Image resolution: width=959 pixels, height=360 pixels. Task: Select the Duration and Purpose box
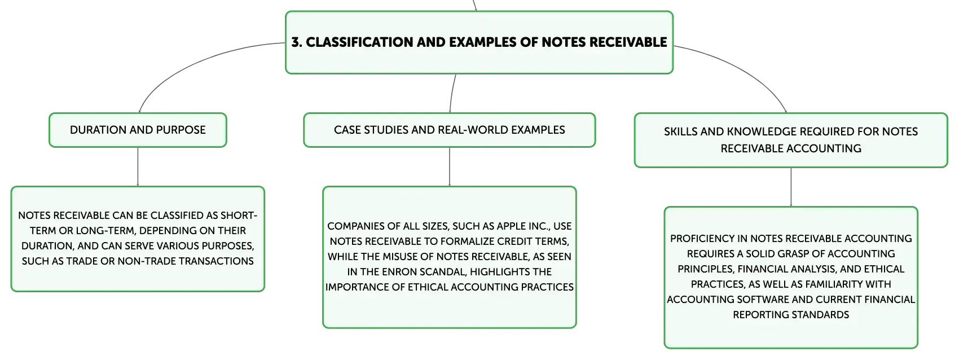tap(138, 130)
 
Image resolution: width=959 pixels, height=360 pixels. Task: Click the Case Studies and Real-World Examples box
tap(450, 130)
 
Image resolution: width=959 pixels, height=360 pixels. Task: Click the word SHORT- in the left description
tap(239, 216)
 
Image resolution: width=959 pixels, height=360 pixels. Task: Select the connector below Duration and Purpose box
tap(138, 167)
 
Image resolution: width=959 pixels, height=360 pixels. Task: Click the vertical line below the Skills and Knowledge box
tap(791, 187)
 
